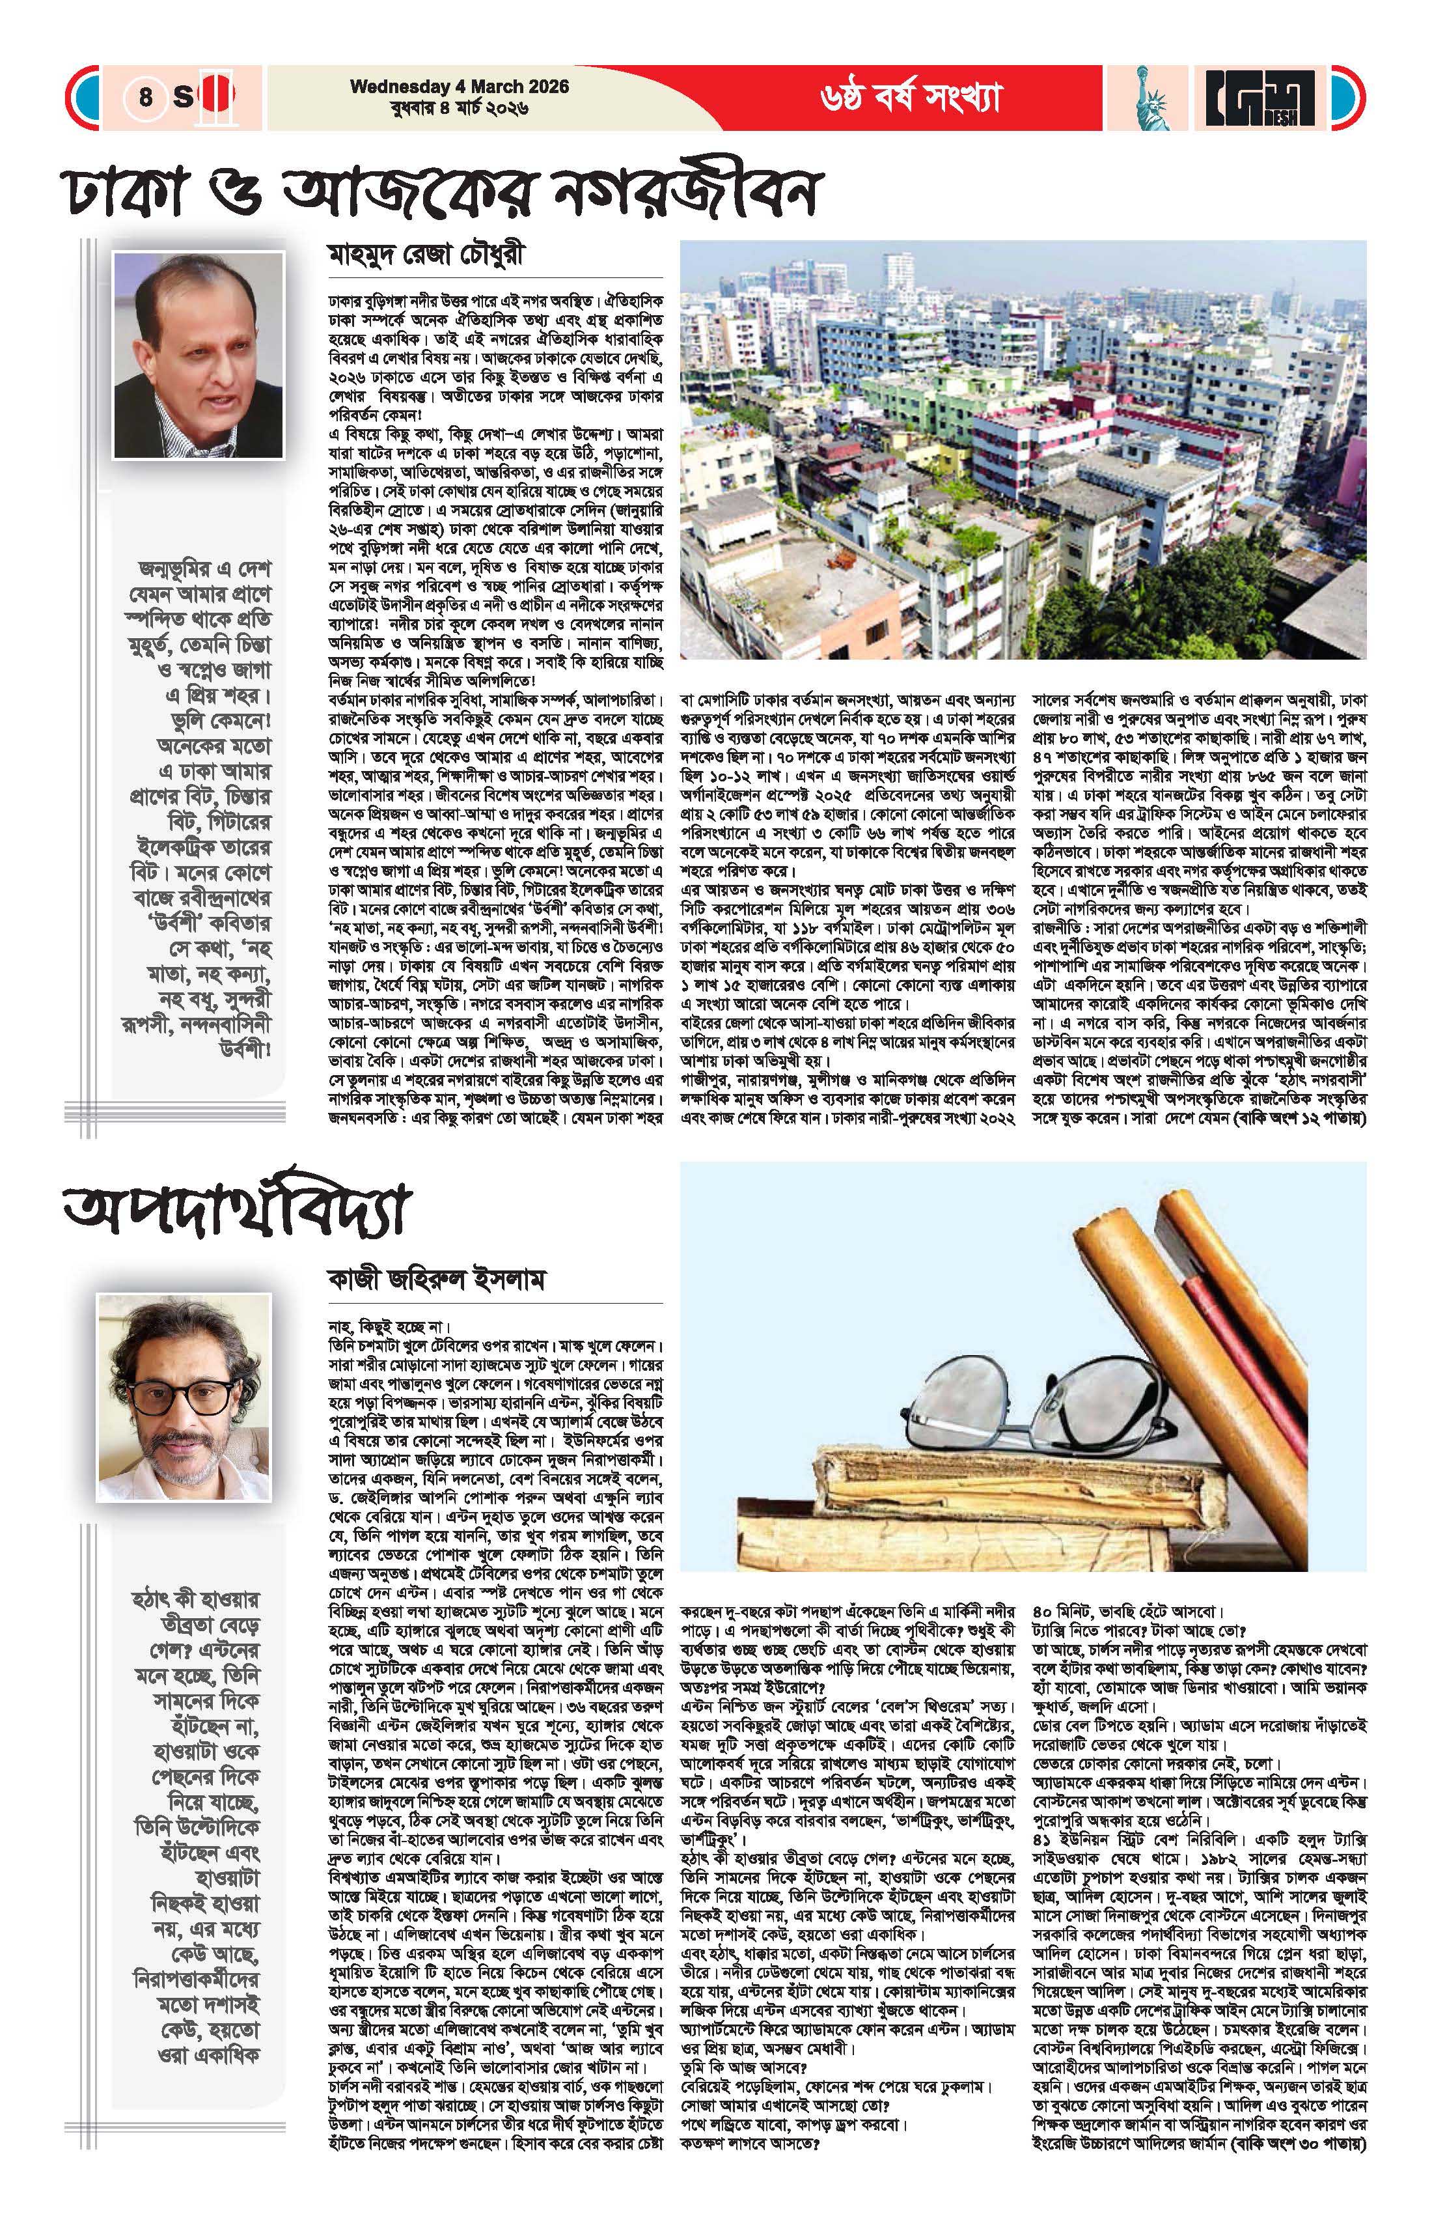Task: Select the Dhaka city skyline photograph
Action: click(1025, 449)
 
